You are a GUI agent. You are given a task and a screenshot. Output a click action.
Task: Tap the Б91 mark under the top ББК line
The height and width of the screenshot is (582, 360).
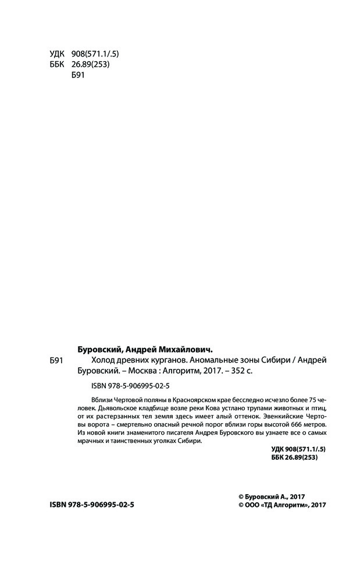(77, 76)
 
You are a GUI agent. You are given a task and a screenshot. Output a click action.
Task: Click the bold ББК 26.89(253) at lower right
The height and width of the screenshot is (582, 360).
(295, 459)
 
